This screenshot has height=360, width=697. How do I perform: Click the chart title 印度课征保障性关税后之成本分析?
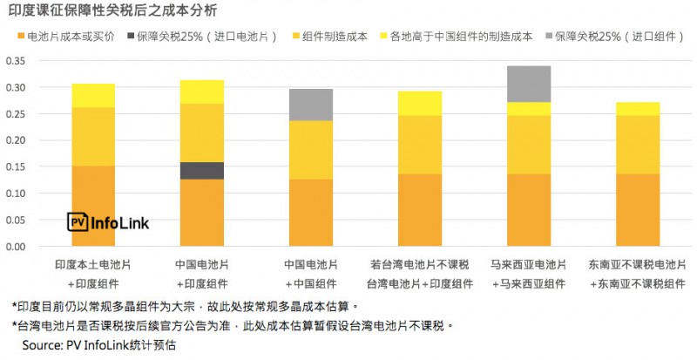point(113,11)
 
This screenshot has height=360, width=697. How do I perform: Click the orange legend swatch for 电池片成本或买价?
point(20,37)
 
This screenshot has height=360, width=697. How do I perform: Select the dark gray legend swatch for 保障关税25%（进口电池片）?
point(130,37)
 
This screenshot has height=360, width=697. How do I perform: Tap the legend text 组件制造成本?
point(335,37)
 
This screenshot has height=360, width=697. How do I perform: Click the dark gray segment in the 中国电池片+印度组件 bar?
point(200,171)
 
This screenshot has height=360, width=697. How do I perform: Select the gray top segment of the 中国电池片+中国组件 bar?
point(310,105)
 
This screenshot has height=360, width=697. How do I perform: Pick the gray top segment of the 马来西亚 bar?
point(528,84)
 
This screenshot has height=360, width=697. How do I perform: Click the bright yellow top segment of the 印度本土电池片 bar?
point(92,95)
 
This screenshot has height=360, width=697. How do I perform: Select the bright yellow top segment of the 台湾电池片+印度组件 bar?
point(419,103)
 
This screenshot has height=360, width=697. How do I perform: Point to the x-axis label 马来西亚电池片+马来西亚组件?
point(528,273)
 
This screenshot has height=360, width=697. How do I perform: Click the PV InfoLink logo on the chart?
point(108,223)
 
